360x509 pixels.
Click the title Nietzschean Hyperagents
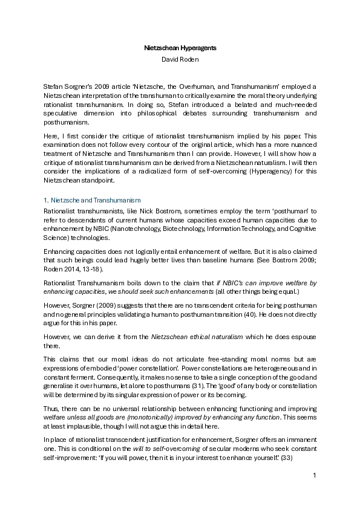[x=180, y=47]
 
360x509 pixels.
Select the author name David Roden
[x=180, y=59]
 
